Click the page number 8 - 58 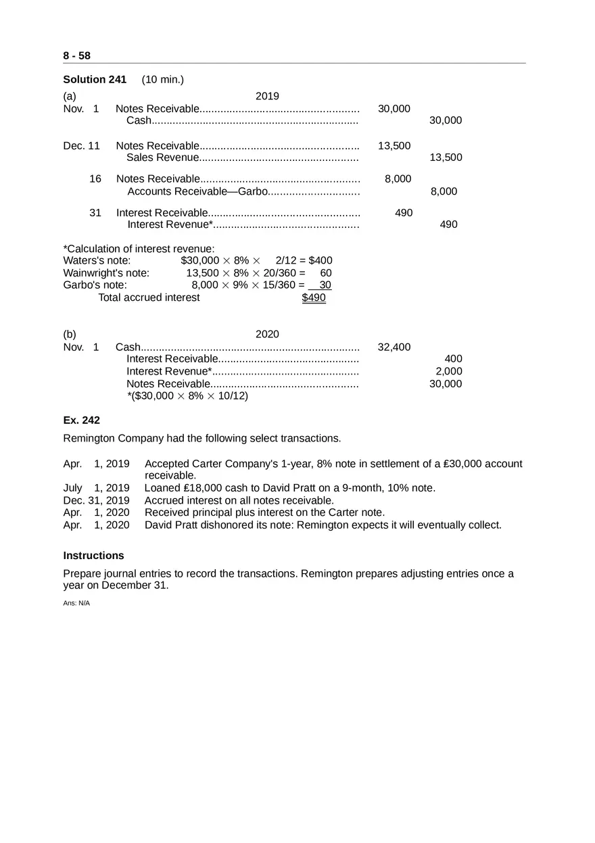coord(76,55)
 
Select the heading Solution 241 coord(95,80)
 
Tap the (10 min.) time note coord(162,80)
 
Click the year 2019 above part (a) coord(267,96)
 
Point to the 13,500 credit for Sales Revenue coord(446,158)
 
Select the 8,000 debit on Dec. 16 coord(398,179)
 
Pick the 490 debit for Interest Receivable coord(404,213)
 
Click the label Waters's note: coord(97,260)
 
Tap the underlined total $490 coord(314,297)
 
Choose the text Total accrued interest coord(149,297)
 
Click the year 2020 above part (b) coord(267,334)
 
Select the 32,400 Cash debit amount coord(394,347)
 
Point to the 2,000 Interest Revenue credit coord(448,371)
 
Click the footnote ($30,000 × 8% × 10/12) coord(188,396)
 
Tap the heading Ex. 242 coord(81,420)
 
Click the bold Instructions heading coord(93,556)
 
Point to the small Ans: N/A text coord(76,603)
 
